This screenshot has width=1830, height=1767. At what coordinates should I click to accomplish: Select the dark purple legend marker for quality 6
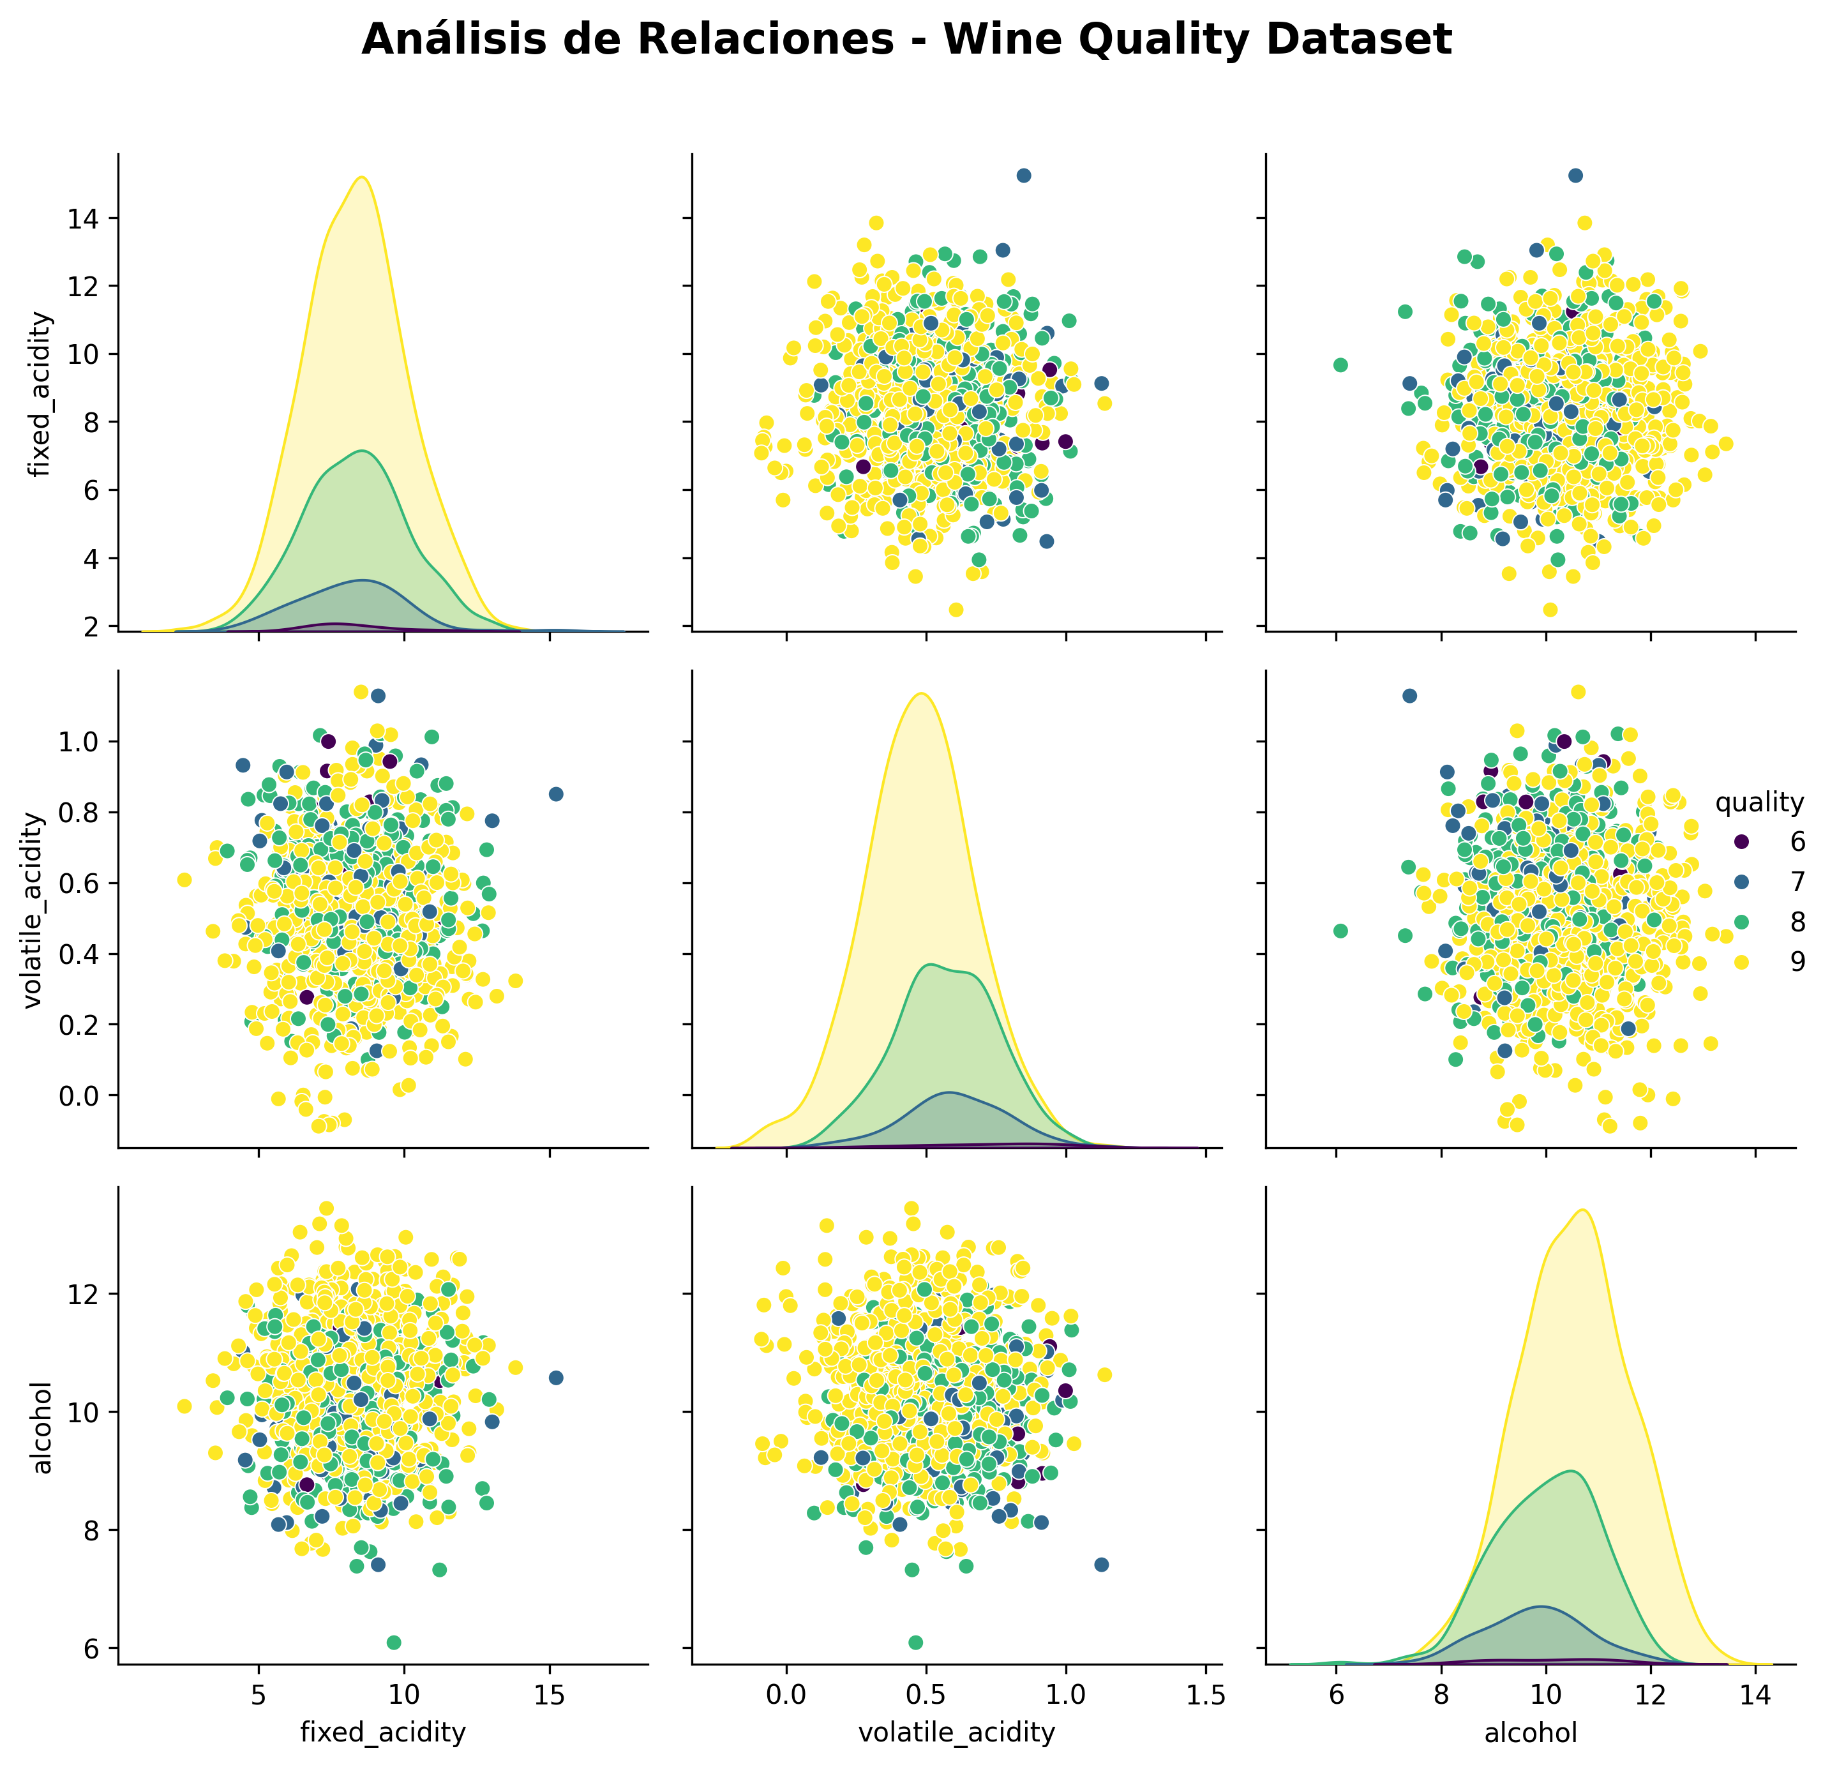[1741, 841]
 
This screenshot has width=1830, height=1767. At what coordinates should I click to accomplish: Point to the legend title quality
[1759, 802]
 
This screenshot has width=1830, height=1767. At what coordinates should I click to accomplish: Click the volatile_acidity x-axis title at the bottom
[956, 1733]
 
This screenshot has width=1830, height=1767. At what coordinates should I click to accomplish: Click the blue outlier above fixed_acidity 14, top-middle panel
[1023, 176]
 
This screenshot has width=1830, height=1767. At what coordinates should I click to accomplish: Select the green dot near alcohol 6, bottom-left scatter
[394, 1643]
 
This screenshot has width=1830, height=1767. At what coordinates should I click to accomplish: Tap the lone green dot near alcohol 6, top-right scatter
[1340, 365]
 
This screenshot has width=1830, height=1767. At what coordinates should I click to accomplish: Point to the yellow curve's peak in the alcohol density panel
[1584, 1210]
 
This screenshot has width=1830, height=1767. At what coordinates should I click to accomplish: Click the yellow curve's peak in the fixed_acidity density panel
[361, 177]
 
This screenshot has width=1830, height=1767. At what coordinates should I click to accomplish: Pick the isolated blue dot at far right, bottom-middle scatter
[1101, 1565]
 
